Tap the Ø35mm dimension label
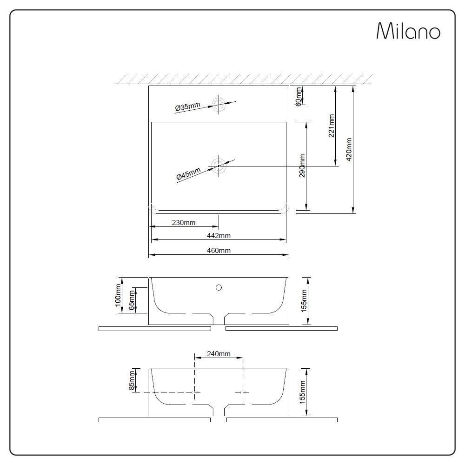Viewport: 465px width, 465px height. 187,107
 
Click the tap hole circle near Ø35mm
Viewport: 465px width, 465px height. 218,104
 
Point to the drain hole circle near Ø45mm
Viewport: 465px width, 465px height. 218,165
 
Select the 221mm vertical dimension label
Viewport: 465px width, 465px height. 331,126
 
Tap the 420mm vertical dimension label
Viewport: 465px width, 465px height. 349,149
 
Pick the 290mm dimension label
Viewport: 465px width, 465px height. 302,166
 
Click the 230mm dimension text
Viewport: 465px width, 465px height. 184,223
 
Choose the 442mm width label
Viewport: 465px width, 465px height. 219,236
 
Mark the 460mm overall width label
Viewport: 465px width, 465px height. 219,251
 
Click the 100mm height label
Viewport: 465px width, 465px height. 118,295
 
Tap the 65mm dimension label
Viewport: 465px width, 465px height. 132,300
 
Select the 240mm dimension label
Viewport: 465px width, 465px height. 219,354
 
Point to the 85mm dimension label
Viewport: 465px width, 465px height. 132,379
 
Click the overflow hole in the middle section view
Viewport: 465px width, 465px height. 219,287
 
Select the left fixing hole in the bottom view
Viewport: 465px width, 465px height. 194,392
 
